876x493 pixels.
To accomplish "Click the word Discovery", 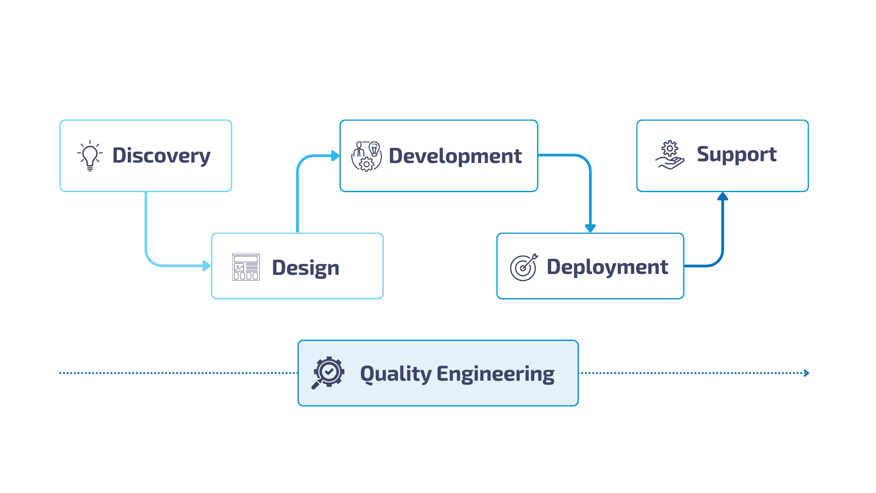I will (x=161, y=156).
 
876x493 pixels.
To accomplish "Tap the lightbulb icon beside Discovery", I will (x=90, y=156).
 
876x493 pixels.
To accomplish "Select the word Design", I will (x=305, y=267).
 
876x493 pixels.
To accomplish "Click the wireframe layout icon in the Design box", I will (x=245, y=267).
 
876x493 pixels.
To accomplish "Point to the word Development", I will (x=455, y=156).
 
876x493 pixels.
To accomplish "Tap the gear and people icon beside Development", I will (x=366, y=156).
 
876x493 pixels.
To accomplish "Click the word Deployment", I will (x=607, y=267).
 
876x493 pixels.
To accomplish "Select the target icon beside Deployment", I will (x=523, y=267).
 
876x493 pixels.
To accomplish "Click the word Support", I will (x=736, y=155).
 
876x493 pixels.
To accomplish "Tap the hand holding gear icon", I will (x=670, y=155).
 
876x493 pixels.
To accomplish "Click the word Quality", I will (x=396, y=374).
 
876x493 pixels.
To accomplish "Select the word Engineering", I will (x=495, y=374).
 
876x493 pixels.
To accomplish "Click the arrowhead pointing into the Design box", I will (x=207, y=266).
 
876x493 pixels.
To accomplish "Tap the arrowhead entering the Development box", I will (x=336, y=156).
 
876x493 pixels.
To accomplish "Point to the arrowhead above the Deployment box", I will (x=590, y=228).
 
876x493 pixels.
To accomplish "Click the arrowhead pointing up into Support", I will (x=722, y=197).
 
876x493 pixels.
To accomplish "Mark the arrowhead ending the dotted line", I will (x=807, y=373).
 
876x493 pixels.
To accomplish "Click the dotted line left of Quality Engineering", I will (x=178, y=373).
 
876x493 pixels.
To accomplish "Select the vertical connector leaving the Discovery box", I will (x=146, y=219).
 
